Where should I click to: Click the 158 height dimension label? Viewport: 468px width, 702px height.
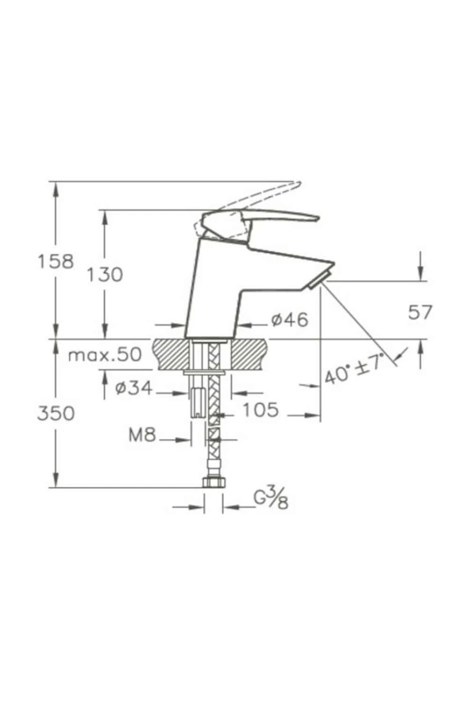[55, 261]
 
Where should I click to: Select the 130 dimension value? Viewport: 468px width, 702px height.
[104, 275]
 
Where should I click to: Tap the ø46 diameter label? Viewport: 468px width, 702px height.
[289, 320]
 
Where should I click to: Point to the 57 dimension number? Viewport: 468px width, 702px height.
[420, 312]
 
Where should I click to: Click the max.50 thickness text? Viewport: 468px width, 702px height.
[105, 355]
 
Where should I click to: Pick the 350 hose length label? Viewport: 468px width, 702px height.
[55, 413]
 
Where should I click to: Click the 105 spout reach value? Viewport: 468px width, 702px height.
[261, 410]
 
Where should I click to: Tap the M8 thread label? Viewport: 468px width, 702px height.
[142, 435]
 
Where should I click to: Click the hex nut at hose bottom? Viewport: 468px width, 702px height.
[214, 483]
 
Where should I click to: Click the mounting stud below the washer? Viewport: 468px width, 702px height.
[198, 402]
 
